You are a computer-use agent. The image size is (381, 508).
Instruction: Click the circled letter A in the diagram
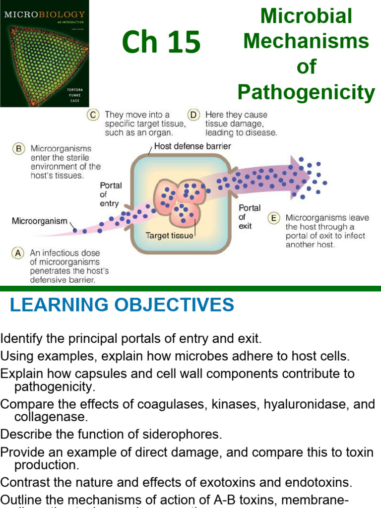(18, 253)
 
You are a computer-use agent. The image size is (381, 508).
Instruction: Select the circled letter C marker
(93, 115)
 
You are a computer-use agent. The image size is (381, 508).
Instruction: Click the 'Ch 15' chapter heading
(161, 43)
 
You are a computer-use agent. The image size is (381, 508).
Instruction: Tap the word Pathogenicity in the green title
(306, 92)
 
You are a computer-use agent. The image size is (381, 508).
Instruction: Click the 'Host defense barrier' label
(192, 146)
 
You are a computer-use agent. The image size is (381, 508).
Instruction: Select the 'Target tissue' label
(169, 236)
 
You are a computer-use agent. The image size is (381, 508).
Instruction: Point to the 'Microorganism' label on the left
(39, 221)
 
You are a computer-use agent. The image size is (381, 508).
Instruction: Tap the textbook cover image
(45, 54)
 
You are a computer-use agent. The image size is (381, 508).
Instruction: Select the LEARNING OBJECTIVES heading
(122, 305)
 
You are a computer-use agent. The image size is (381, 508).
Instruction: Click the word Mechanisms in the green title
(306, 41)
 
